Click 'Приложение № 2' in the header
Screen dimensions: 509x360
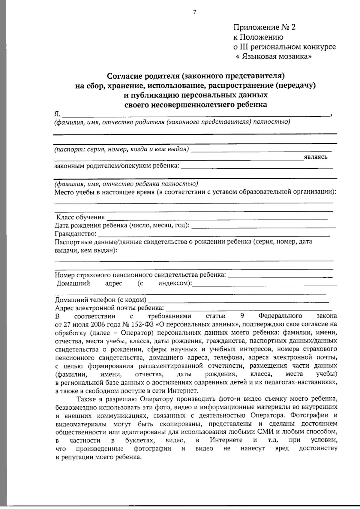(264, 27)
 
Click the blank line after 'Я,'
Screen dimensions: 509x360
(195, 114)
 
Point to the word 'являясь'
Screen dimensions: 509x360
(315, 157)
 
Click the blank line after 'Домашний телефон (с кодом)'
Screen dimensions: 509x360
(238, 300)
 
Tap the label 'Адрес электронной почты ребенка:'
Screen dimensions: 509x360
(109, 308)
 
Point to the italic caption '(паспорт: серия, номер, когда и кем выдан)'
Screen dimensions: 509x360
(121, 149)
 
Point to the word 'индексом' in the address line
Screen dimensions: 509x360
(173, 283)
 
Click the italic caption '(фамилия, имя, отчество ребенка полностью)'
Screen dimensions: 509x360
(126, 184)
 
